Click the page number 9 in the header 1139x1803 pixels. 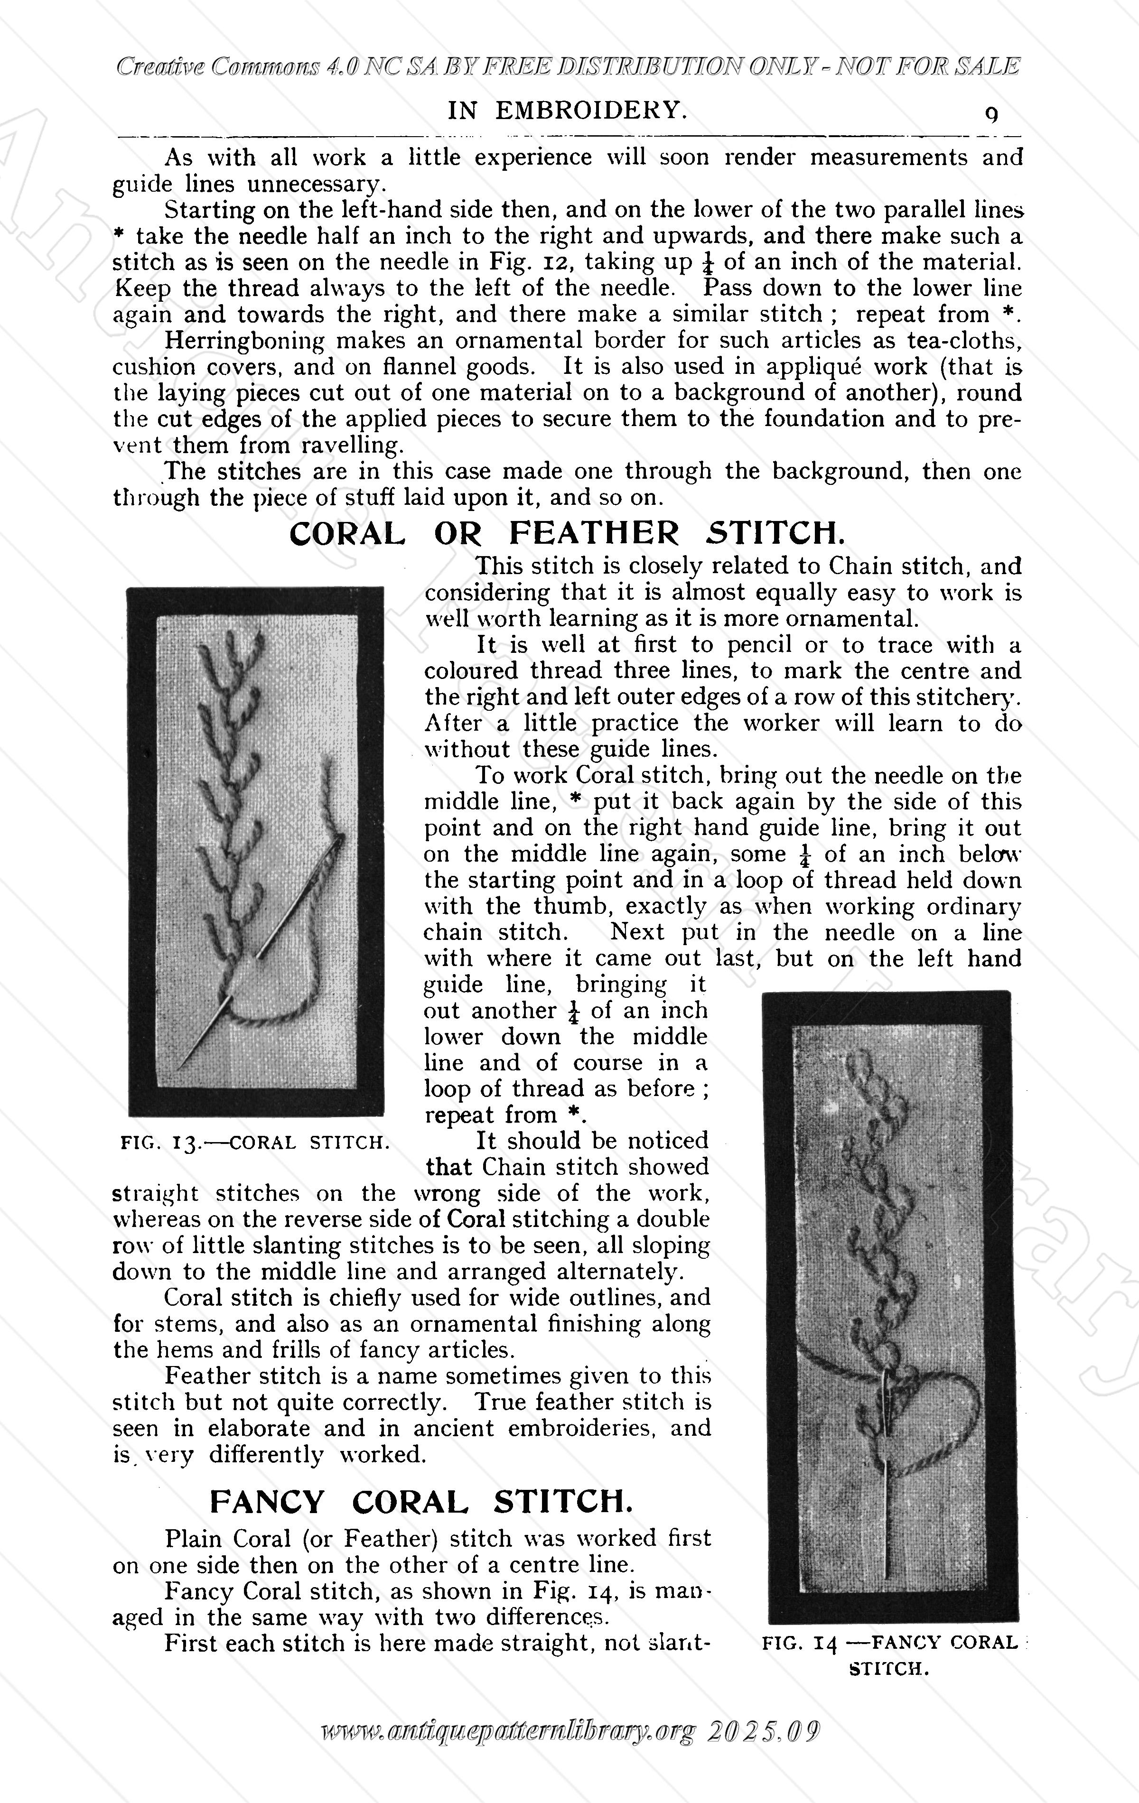991,114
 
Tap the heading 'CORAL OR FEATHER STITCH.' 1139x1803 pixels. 567,533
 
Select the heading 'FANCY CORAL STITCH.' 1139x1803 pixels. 428,1500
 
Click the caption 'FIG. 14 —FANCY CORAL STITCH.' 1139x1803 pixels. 890,1654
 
